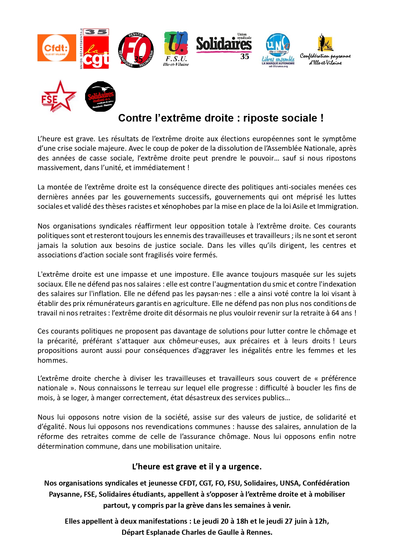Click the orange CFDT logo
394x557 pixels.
[x=57, y=48]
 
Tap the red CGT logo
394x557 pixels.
[x=94, y=49]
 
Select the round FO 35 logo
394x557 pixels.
[x=136, y=50]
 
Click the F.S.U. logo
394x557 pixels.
[x=176, y=49]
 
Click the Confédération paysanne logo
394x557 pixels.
[x=325, y=50]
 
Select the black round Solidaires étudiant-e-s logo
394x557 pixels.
[x=100, y=96]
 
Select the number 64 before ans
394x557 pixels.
[x=335, y=313]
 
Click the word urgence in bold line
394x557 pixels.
[x=245, y=467]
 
